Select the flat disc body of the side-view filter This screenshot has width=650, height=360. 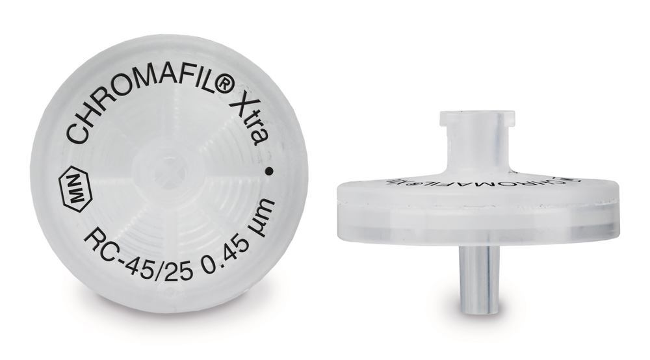click(476, 208)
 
